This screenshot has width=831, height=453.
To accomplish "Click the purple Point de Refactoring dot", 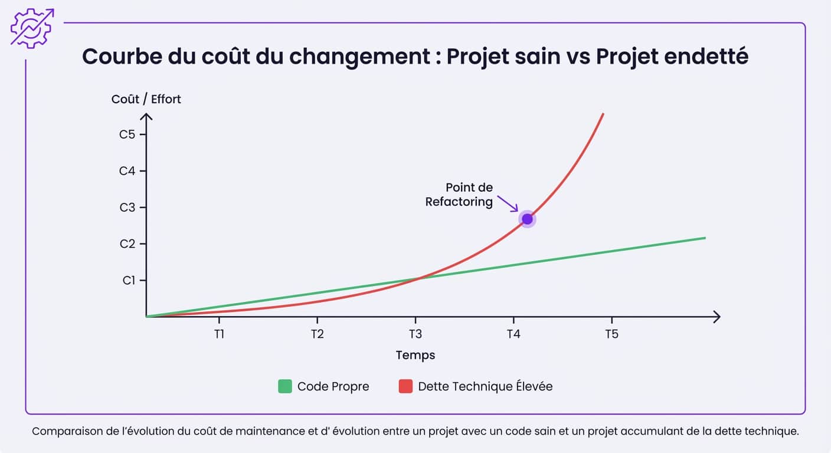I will (x=527, y=219).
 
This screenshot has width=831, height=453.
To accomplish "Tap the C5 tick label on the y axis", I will (x=127, y=134).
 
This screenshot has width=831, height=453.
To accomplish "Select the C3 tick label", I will (x=127, y=208).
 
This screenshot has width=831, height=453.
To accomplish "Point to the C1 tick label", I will (x=129, y=281).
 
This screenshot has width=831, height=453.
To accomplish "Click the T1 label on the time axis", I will (x=219, y=334).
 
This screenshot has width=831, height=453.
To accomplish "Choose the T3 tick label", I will (x=415, y=334).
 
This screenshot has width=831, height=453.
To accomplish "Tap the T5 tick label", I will (x=611, y=334).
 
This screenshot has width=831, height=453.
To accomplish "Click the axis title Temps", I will (x=415, y=355).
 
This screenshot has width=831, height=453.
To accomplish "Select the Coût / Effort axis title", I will (x=146, y=99).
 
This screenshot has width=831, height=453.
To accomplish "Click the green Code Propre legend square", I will (x=285, y=387).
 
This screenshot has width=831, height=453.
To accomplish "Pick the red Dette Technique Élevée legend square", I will (x=405, y=387).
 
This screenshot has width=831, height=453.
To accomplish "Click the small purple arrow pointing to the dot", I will (x=508, y=203).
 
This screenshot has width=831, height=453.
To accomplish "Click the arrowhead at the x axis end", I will (x=717, y=317).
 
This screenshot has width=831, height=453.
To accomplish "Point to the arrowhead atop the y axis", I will (x=146, y=116).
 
